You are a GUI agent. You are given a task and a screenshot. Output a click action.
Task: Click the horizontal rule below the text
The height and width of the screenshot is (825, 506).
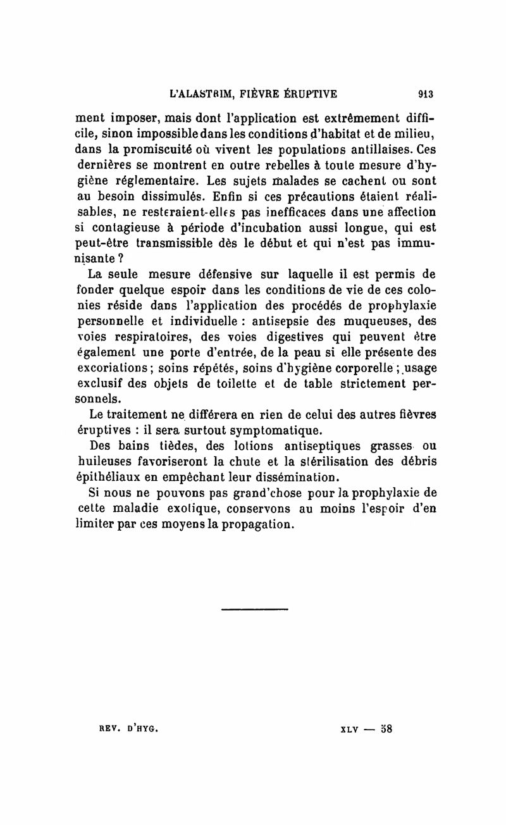click(x=255, y=609)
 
